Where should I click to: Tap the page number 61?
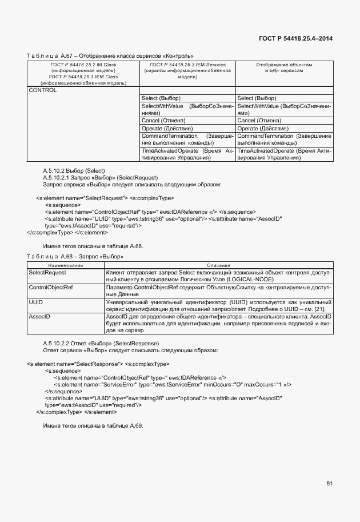(x=329, y=484)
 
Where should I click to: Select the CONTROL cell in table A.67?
(x=43, y=90)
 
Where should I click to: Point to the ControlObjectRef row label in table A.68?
(x=51, y=287)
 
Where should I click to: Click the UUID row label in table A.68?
(x=36, y=301)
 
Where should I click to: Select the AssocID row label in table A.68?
(x=39, y=316)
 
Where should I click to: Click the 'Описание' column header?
(x=218, y=265)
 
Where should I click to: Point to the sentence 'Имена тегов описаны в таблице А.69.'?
(x=93, y=426)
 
